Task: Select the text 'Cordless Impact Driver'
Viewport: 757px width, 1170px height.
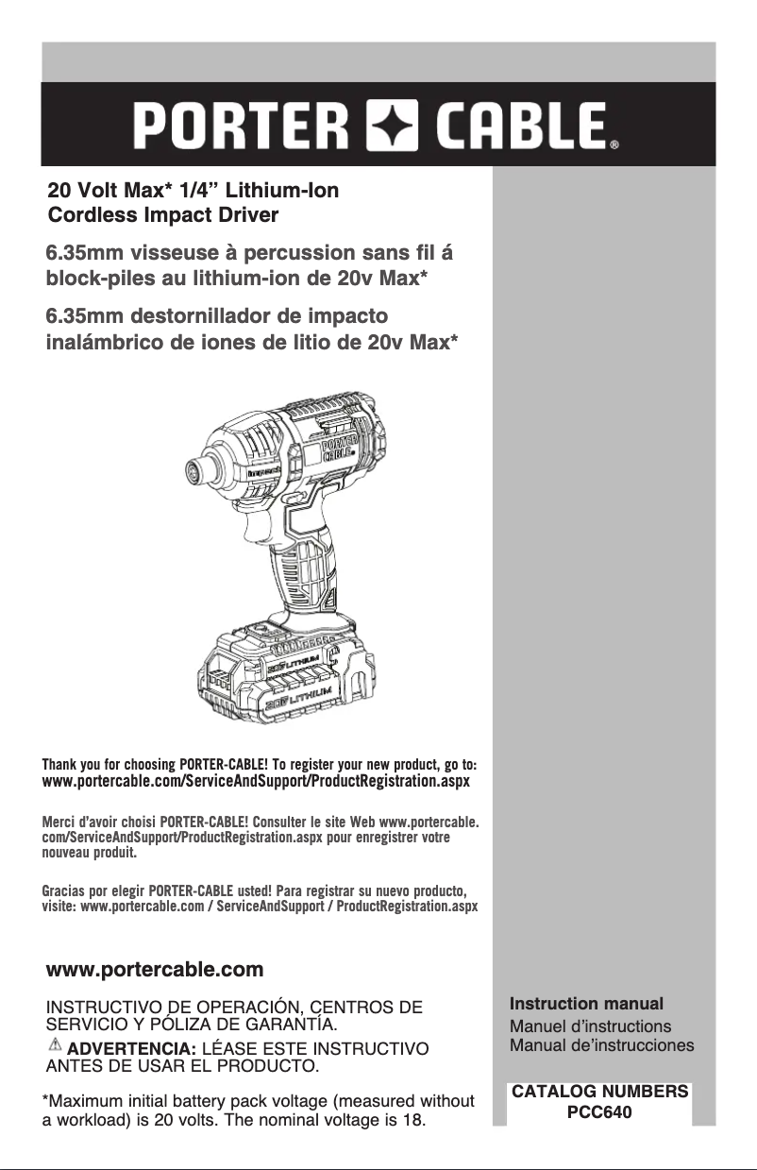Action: point(163,215)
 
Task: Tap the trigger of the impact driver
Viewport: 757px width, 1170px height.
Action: point(299,498)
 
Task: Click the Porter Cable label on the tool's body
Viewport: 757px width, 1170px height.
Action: point(340,447)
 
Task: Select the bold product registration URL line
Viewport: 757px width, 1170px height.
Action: point(255,783)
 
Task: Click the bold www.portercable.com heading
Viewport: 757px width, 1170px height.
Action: point(155,970)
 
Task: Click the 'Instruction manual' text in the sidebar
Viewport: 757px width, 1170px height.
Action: point(586,1004)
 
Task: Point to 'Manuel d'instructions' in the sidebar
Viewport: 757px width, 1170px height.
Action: point(590,1026)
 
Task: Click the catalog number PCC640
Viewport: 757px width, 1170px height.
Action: point(598,1112)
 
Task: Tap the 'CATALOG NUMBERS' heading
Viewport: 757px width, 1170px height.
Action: point(599,1092)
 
